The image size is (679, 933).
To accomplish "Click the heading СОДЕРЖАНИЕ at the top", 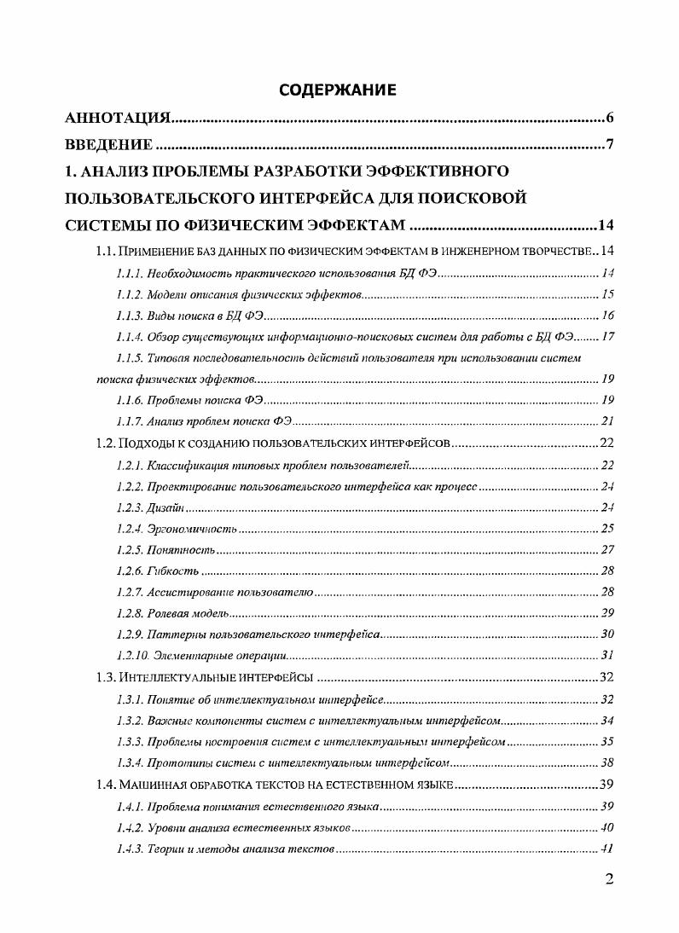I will pyautogui.click(x=339, y=89).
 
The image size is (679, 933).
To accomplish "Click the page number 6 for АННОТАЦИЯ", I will pyautogui.click(x=610, y=118).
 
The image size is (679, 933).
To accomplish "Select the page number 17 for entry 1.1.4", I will pyautogui.click(x=607, y=336).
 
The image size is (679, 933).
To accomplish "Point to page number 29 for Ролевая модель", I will pyautogui.click(x=607, y=613).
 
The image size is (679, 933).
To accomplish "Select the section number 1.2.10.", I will pyautogui.click(x=133, y=656).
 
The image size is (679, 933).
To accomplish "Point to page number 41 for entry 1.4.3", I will pyautogui.click(x=607, y=849).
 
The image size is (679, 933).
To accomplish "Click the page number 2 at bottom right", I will pyautogui.click(x=608, y=880).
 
